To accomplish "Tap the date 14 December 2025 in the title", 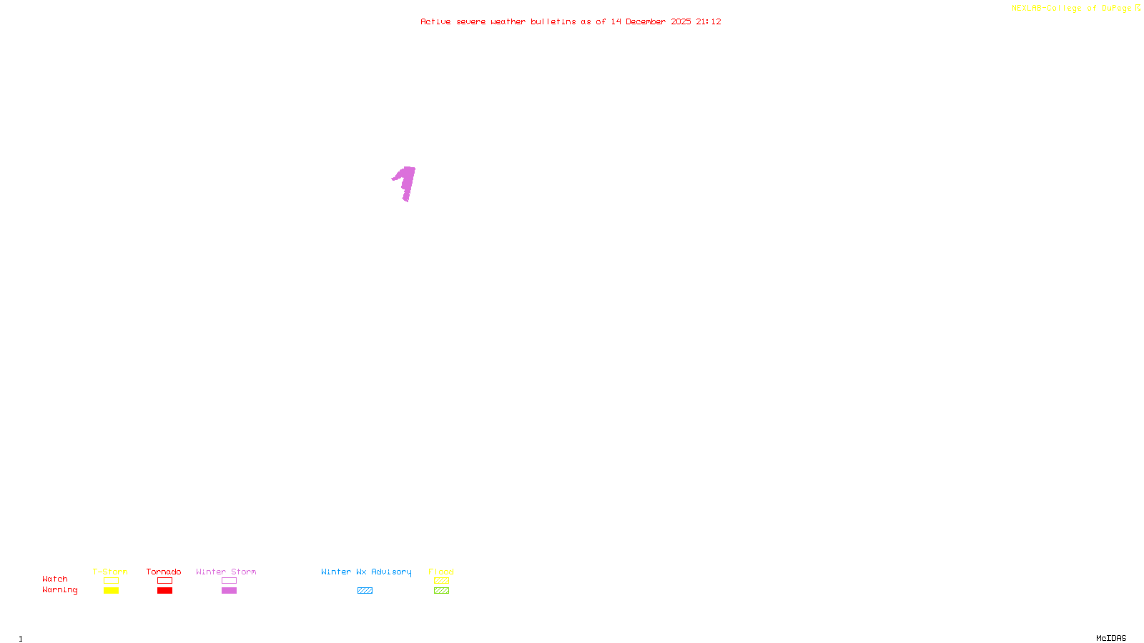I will coord(651,21).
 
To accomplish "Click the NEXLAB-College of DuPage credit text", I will coord(1071,8).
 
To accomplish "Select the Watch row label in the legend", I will coord(55,579).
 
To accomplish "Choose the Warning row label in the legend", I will coord(59,590).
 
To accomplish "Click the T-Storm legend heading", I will coord(110,572).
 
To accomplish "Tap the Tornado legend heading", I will coord(164,572).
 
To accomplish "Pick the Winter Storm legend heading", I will coord(226,572).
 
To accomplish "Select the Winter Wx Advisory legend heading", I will coord(366,572).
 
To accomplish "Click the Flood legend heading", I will coord(441,572).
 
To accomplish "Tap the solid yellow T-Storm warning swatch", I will coord(111,591).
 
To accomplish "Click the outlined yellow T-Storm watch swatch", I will coord(111,581).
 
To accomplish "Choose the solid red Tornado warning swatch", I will coord(165,591).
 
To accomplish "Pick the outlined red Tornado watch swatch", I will coord(165,581).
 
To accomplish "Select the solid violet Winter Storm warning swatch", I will coord(229,591).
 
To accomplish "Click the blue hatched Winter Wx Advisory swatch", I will coord(365,591).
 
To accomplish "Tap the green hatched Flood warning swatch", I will coord(441,591).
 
